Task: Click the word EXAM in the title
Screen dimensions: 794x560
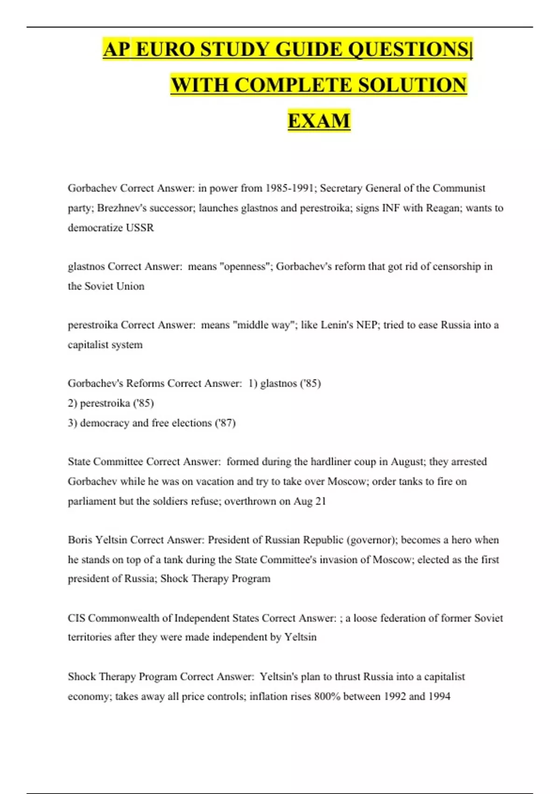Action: [319, 121]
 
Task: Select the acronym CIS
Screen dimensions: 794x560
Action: [76, 618]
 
